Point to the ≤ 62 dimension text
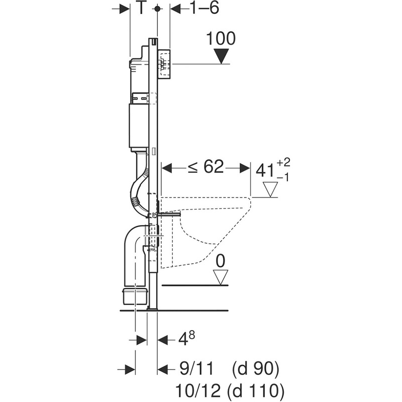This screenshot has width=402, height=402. pos(206,167)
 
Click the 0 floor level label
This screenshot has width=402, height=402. pos(220,260)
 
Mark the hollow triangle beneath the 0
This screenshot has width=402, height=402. pos(220,276)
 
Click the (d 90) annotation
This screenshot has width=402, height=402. pos(255,369)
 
